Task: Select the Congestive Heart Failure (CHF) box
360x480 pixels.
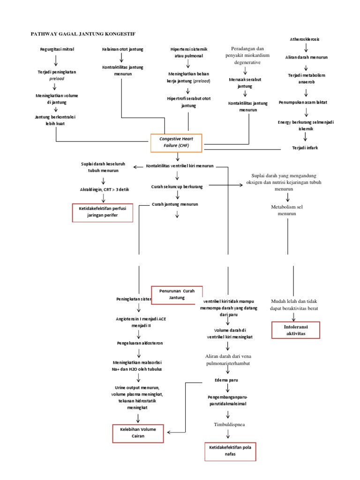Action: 176,142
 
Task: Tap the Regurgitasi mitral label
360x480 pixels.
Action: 57,49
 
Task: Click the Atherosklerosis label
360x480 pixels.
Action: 306,39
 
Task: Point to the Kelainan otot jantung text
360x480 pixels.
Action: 122,49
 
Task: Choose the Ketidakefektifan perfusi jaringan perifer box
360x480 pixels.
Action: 102,212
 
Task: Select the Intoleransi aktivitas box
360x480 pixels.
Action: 296,330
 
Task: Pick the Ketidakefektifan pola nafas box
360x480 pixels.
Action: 230,451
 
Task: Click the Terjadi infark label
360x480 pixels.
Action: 306,148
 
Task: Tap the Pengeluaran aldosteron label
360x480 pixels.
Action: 139,343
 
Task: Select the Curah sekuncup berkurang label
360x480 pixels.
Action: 177,187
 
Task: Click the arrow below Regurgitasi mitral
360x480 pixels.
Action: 56,60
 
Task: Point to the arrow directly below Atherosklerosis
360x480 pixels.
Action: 306,48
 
